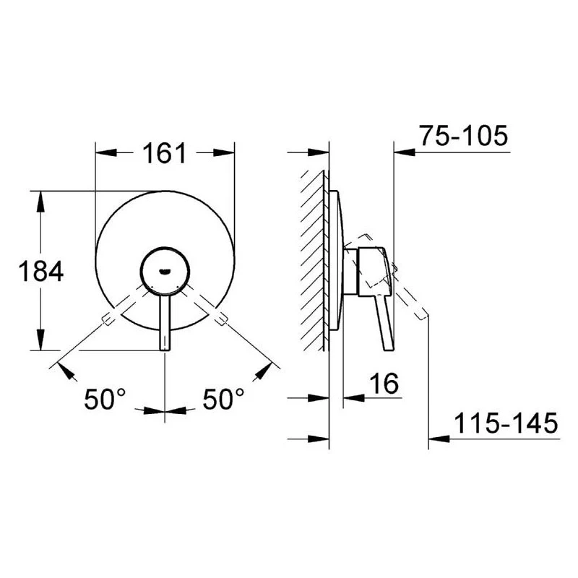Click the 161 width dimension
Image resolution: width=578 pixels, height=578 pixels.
(x=165, y=153)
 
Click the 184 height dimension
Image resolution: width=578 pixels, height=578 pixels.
(x=41, y=271)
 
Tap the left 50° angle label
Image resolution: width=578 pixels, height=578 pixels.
(x=105, y=399)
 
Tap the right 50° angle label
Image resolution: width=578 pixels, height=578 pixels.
(x=223, y=399)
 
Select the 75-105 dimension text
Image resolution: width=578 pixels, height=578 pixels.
(x=464, y=135)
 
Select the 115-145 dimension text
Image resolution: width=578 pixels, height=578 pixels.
(x=506, y=423)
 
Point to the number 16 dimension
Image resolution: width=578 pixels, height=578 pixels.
(x=384, y=383)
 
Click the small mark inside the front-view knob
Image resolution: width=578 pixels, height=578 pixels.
(x=165, y=272)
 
